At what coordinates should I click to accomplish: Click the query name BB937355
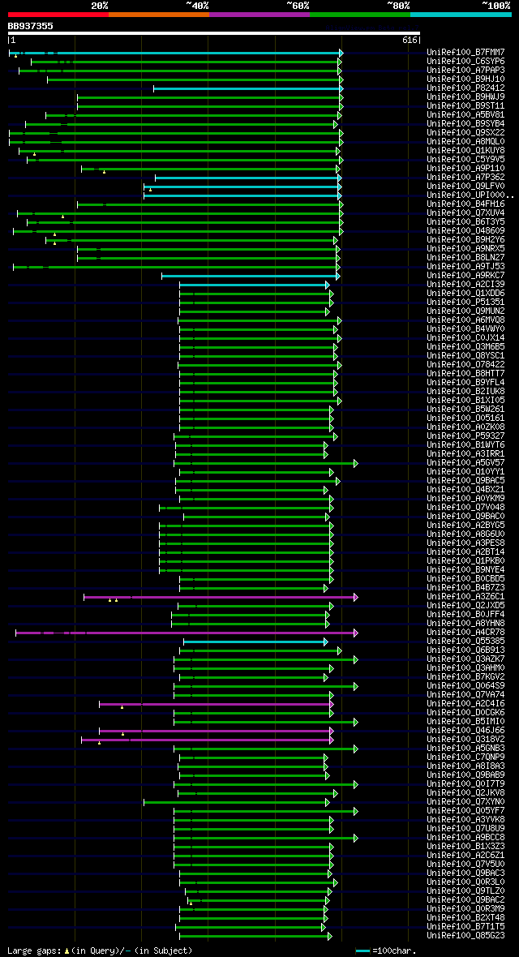coord(30,26)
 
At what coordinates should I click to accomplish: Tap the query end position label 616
coord(410,40)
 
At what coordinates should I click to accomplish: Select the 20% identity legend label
coord(100,5)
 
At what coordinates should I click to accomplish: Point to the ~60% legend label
coord(298,5)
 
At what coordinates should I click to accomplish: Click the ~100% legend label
coord(495,5)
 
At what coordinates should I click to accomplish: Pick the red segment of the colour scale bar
coord(58,14)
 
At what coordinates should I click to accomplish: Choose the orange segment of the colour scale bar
coord(158,14)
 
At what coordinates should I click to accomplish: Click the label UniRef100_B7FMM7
coord(466,53)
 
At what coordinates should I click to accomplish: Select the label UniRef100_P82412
coord(466,88)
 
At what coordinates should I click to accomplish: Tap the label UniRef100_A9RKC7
coord(466,276)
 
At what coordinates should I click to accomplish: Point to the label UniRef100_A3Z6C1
coord(466,597)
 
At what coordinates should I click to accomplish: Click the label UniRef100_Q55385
coord(466,642)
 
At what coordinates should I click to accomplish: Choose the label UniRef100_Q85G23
coord(466,936)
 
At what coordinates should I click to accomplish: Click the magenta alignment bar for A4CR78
coord(187,633)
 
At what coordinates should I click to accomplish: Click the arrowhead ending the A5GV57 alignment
coord(355,463)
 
